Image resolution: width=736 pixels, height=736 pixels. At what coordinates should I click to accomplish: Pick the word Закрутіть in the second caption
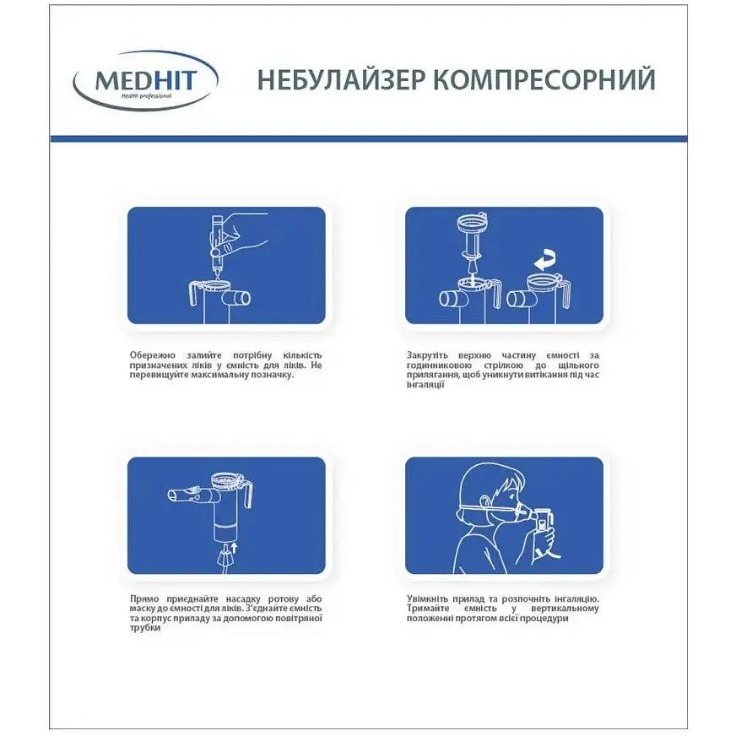coord(430,354)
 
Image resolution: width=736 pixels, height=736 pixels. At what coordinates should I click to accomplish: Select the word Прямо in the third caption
coord(145,598)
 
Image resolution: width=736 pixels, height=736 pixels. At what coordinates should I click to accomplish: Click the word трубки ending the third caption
coord(145,629)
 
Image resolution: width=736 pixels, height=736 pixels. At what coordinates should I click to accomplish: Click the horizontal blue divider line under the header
coord(368,138)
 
